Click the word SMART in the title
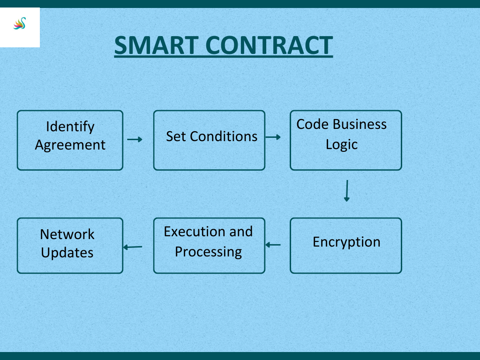pyautogui.click(x=157, y=45)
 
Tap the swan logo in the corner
pyautogui.click(x=20, y=23)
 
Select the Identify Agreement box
pyautogui.click(x=70, y=140)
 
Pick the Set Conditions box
pyautogui.click(x=209, y=140)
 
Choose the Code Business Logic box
pyautogui.click(x=346, y=140)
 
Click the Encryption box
pyautogui.click(x=346, y=246)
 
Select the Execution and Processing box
pyautogui.click(x=209, y=246)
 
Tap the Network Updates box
pyautogui.click(x=70, y=246)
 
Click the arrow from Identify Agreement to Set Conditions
pyautogui.click(x=135, y=140)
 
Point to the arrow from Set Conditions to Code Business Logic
pyautogui.click(x=273, y=137)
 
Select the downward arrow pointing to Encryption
pyautogui.click(x=347, y=191)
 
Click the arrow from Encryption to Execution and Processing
pyautogui.click(x=273, y=245)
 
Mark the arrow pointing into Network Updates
pyautogui.click(x=133, y=247)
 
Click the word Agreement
pyautogui.click(x=70, y=145)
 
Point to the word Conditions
pyautogui.click(x=224, y=136)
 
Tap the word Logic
pyautogui.click(x=342, y=144)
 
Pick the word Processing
pyautogui.click(x=209, y=252)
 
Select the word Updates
pyautogui.click(x=67, y=253)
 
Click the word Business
pyautogui.click(x=360, y=124)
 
